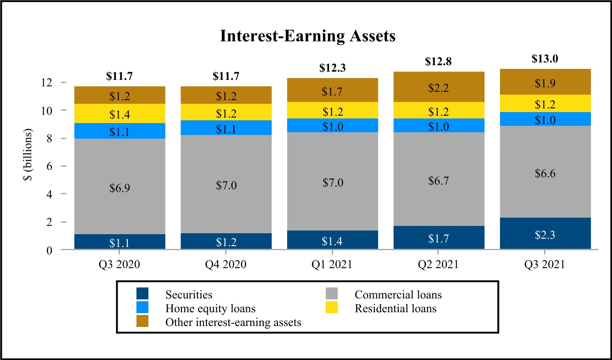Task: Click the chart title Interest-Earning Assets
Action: click(x=307, y=36)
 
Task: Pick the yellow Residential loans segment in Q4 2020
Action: click(x=226, y=112)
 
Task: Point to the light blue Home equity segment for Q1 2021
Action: click(x=332, y=125)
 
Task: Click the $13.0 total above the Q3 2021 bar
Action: click(x=544, y=59)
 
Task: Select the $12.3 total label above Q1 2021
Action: click(x=332, y=68)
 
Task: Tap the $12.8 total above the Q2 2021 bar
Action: click(x=438, y=62)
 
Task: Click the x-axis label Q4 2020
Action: click(x=226, y=265)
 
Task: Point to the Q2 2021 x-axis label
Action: click(x=438, y=265)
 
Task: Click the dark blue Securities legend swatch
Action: click(x=142, y=294)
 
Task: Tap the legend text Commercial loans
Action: click(x=398, y=294)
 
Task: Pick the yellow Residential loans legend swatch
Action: click(x=331, y=308)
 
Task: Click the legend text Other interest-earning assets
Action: click(x=233, y=322)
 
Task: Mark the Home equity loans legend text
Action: click(x=210, y=308)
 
